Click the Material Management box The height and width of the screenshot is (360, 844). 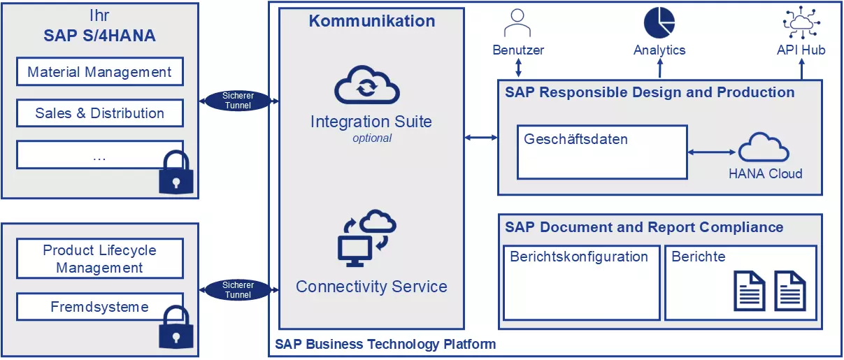[x=99, y=72]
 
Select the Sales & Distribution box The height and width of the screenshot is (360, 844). [x=99, y=113]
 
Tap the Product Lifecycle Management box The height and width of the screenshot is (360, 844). [x=99, y=259]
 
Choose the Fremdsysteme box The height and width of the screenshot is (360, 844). [x=99, y=306]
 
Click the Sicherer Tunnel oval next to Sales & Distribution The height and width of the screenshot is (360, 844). [x=238, y=101]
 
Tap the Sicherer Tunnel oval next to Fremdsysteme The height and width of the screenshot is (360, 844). [x=238, y=290]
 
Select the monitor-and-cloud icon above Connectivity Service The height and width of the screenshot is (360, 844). [x=367, y=238]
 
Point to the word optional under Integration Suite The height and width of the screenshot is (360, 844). [x=372, y=138]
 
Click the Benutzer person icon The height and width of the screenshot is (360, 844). [x=518, y=22]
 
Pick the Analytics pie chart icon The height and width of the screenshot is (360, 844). [x=659, y=22]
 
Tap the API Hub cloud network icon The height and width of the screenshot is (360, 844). [x=801, y=22]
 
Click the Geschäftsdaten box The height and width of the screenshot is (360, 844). [x=602, y=152]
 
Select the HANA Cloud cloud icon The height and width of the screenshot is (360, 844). [x=764, y=147]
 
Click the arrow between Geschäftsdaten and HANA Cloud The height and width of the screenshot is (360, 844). [x=713, y=152]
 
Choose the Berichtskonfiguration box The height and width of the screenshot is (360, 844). [x=581, y=282]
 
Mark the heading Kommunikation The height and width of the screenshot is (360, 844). [x=372, y=21]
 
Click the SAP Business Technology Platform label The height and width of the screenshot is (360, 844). [x=385, y=344]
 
